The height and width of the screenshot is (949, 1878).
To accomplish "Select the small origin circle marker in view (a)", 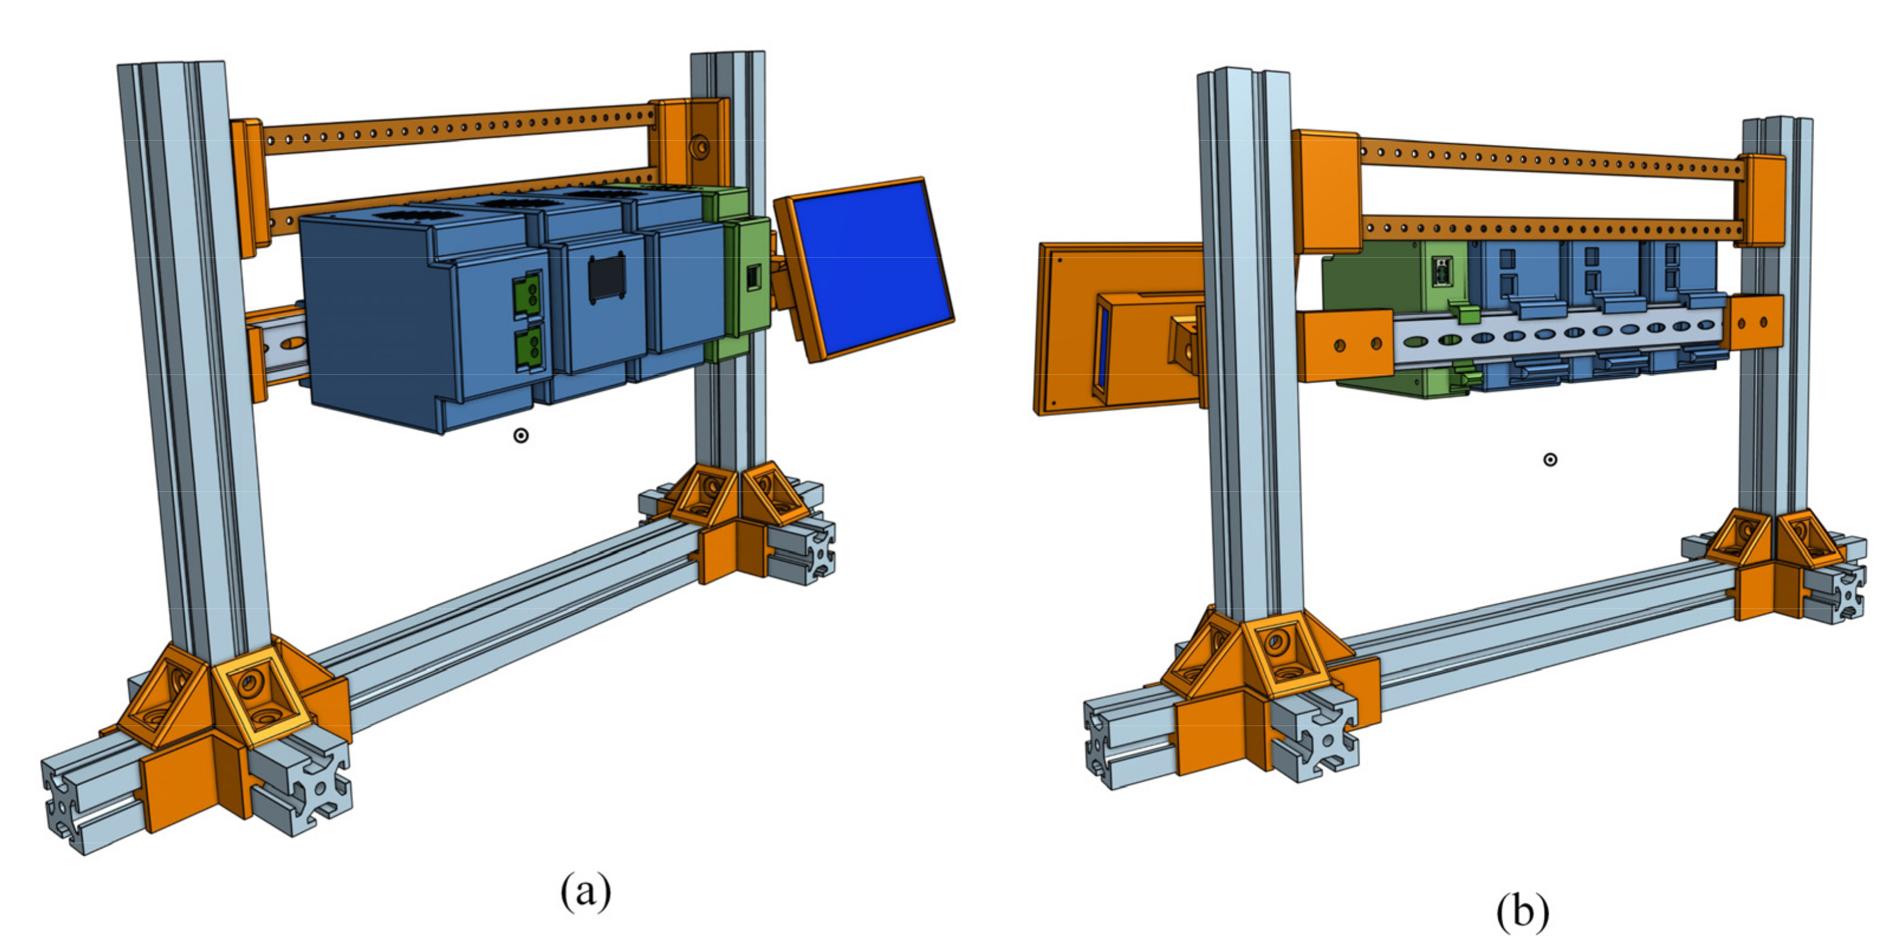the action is tap(520, 436).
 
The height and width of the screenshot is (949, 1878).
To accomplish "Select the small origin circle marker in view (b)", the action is tap(1550, 459).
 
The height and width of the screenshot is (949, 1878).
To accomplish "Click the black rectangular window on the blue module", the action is tap(607, 278).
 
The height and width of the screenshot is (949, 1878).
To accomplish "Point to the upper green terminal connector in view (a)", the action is tap(529, 294).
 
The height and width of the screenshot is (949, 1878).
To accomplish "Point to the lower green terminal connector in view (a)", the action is tap(529, 348).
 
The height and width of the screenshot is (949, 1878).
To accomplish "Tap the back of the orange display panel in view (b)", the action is tap(1115, 328).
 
